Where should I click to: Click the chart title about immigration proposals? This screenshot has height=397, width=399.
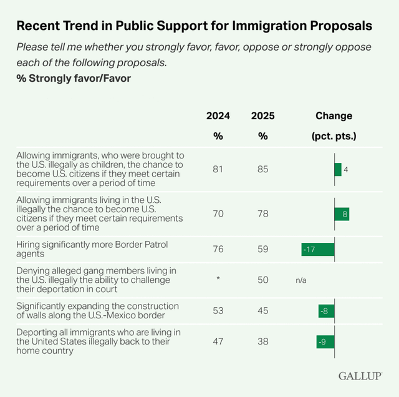point(194,26)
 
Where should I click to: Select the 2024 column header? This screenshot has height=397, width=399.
point(218,116)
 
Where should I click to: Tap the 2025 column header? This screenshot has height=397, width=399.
point(262,116)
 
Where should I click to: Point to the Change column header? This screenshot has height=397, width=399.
point(334,116)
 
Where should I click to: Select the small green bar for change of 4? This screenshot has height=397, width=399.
point(338,170)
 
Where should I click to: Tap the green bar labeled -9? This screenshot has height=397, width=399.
point(325,341)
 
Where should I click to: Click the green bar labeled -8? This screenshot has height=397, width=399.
point(326,311)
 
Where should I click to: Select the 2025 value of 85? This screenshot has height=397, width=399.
point(262,170)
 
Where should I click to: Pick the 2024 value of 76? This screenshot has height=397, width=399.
point(218,250)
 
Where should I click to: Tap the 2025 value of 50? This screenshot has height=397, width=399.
point(262,280)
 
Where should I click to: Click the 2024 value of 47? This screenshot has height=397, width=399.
point(218,341)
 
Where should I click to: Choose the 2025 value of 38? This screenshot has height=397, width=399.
point(262,341)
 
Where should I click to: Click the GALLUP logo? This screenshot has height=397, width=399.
point(360,376)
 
